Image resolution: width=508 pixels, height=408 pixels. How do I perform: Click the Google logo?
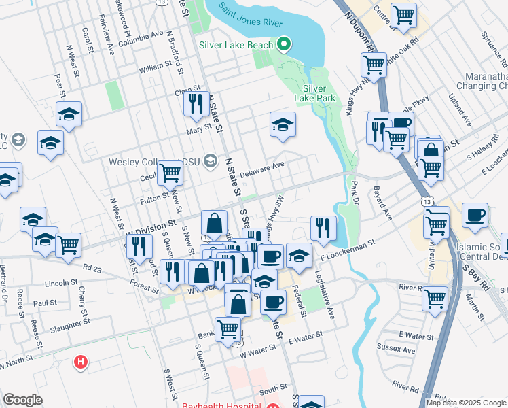click(22, 400)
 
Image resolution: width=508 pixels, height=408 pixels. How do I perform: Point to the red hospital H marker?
click(81, 362)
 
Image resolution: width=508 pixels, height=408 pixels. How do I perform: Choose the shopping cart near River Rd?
click(435, 298)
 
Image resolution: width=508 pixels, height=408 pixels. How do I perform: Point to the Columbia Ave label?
click(141, 33)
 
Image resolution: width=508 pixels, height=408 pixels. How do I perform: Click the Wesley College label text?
click(156, 161)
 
